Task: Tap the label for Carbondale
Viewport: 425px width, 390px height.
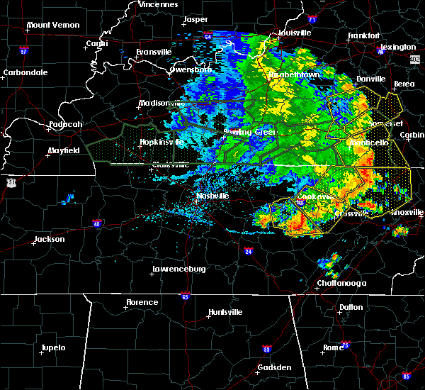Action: pos(25,72)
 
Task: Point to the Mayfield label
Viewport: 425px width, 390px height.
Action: pos(63,150)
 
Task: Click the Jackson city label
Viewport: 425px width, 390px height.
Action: pos(50,240)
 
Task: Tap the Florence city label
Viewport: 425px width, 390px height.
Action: pos(142,302)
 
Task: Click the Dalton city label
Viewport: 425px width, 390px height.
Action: pos(350,307)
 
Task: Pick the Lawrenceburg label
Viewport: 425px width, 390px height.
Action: pos(178,269)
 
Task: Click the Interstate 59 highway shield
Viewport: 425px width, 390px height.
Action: pos(266,350)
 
